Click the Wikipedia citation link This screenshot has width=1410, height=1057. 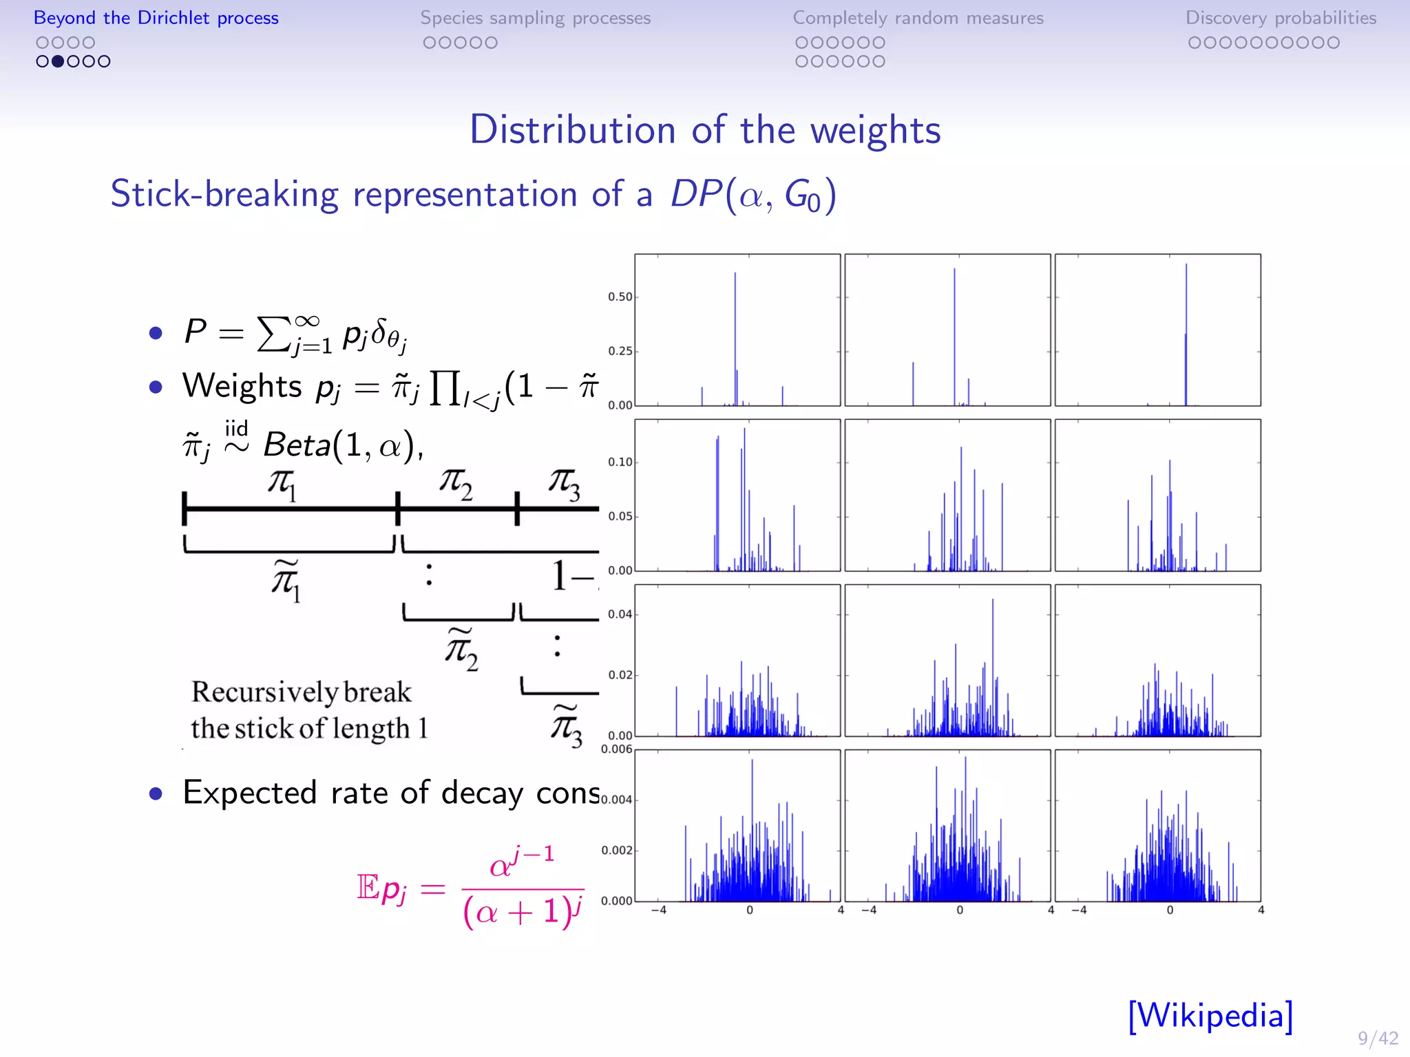(x=1210, y=1015)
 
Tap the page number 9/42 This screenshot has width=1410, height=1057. (x=1378, y=1038)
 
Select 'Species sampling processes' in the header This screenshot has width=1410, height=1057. (x=535, y=18)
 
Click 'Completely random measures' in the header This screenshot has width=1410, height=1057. (x=918, y=18)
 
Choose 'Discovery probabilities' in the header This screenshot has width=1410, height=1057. (x=1281, y=18)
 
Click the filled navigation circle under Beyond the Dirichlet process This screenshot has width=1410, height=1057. (x=58, y=61)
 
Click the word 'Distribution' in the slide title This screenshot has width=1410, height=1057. (x=572, y=129)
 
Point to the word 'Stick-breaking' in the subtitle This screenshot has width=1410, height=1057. (x=224, y=194)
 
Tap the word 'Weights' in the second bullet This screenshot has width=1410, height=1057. (x=242, y=385)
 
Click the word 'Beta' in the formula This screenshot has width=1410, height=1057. (x=297, y=445)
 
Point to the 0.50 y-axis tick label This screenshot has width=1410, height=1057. (x=620, y=297)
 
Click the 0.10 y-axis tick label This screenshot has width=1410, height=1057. (x=620, y=462)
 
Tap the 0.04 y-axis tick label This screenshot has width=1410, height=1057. (x=620, y=614)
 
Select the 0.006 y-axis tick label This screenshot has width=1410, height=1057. (x=616, y=749)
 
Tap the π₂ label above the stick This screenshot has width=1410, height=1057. (x=456, y=484)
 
